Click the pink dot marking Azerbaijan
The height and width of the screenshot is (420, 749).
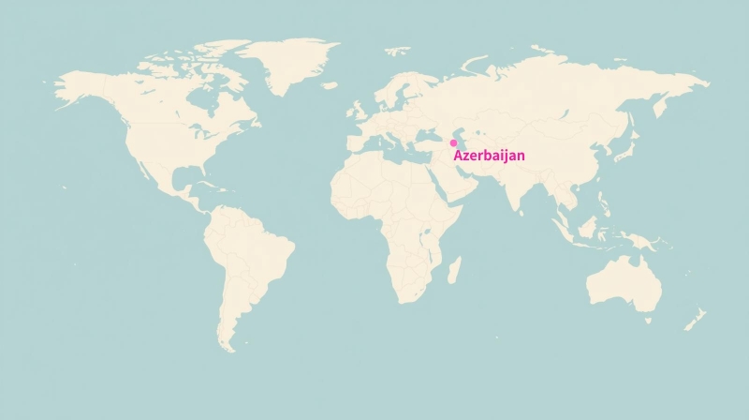454,143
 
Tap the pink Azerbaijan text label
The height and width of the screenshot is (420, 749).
489,156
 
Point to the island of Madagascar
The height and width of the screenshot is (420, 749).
454,271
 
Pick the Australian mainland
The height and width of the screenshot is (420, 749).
623,281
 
